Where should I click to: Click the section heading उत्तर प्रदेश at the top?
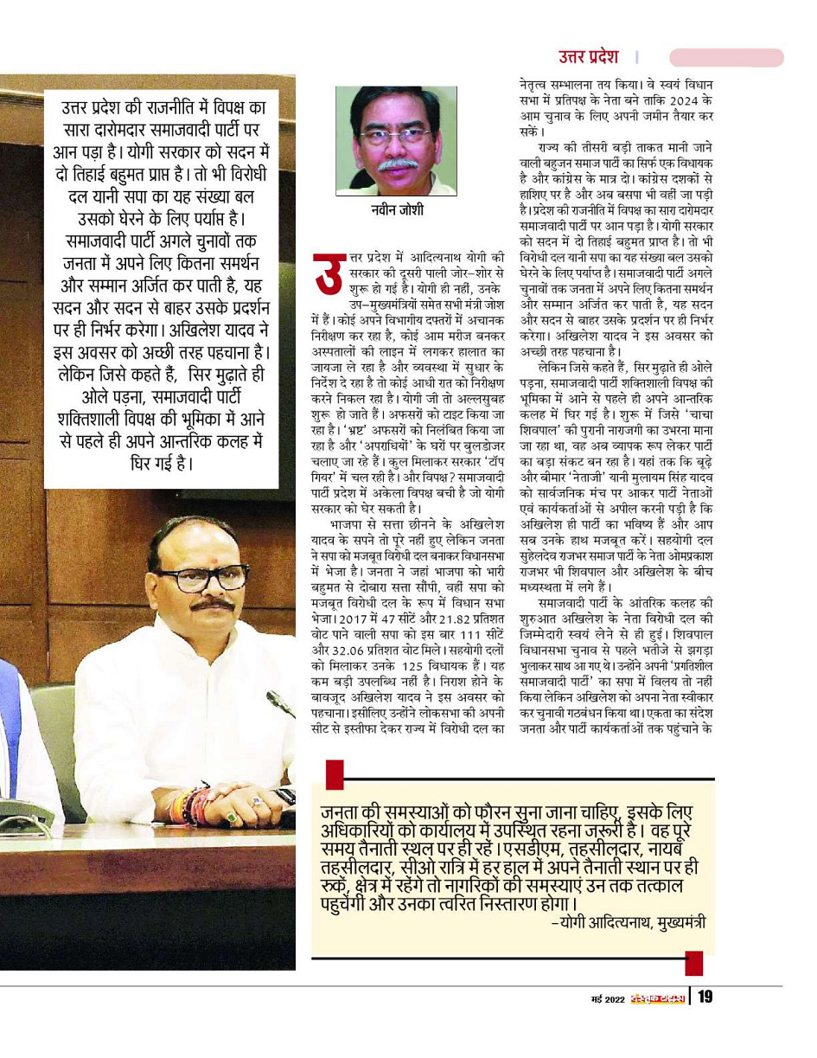(x=588, y=57)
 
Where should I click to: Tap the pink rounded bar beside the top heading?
(x=726, y=57)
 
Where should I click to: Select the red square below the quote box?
(x=693, y=963)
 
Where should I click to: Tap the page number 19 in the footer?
(x=705, y=997)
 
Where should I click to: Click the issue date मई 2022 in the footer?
(x=602, y=999)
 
